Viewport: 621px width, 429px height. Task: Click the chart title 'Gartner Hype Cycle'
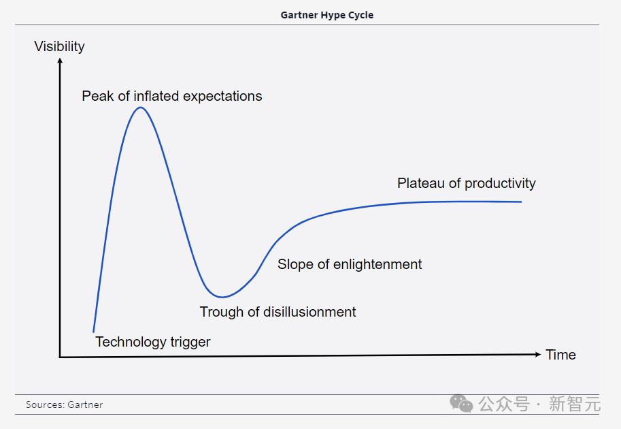click(x=326, y=15)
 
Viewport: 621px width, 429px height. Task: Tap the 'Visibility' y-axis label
click(x=59, y=46)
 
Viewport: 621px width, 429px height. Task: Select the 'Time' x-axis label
click(x=560, y=355)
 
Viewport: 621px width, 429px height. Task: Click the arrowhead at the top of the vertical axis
click(x=61, y=61)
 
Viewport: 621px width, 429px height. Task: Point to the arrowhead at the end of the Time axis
click(x=538, y=354)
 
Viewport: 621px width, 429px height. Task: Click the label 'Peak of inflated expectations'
click(x=172, y=96)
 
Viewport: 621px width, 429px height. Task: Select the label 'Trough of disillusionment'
click(x=278, y=312)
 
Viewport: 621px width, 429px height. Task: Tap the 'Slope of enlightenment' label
click(x=350, y=264)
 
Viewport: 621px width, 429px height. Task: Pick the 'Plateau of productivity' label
click(x=466, y=183)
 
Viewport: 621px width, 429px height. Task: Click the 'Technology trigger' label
click(x=153, y=342)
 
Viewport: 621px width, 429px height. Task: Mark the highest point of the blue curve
click(x=141, y=108)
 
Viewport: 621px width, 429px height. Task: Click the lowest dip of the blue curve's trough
click(x=222, y=297)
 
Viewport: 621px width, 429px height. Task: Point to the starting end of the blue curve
click(x=93, y=332)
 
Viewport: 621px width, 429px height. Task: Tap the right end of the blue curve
click(x=521, y=202)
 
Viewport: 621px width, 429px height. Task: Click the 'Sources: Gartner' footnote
click(x=64, y=404)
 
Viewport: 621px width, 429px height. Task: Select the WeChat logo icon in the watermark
click(x=461, y=404)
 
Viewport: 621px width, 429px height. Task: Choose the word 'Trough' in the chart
click(x=221, y=312)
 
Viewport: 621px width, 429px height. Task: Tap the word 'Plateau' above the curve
click(x=421, y=183)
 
